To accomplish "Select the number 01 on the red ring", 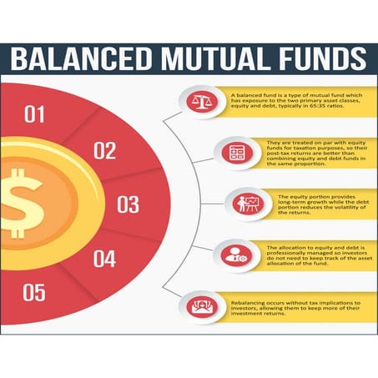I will (x=35, y=113).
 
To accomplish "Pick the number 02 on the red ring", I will (x=104, y=151).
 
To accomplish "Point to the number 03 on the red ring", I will (x=128, y=204).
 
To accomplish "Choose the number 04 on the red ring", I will (x=103, y=259).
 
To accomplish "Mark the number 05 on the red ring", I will (x=34, y=293).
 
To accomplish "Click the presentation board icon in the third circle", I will (x=246, y=204).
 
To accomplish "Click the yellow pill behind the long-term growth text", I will (x=309, y=204).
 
